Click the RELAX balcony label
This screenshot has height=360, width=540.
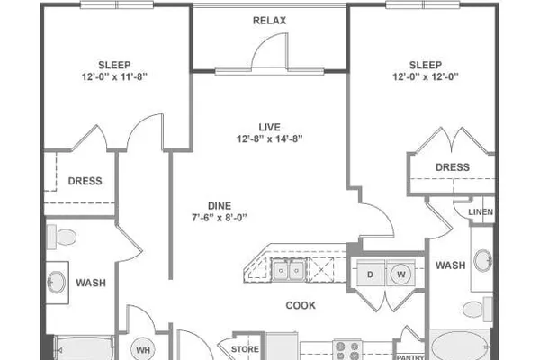coord(269,21)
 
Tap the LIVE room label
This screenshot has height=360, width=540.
coord(269,127)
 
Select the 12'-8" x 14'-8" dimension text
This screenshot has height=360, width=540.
coord(269,139)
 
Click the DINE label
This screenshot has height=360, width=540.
coord(220,206)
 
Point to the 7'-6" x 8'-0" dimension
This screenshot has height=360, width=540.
coord(220,218)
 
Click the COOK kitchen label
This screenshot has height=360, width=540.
coord(301,305)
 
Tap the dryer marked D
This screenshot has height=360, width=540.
coord(371,273)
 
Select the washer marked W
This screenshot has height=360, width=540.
coord(400,274)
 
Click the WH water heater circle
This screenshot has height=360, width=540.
coord(143,350)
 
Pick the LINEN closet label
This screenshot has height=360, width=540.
coord(481,212)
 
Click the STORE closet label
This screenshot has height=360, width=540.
coord(245,349)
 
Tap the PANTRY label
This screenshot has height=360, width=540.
coord(410,357)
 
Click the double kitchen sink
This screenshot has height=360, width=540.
coord(289,270)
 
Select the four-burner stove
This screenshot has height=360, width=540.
coord(347,350)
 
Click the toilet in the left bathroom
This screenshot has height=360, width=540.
coord(61,237)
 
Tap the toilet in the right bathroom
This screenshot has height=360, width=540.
coord(478,309)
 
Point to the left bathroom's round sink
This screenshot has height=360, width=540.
coord(56,283)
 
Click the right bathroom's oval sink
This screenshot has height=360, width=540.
coord(482,261)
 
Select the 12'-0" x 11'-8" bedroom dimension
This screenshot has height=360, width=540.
coord(114,76)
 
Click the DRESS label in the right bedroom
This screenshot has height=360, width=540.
coord(453,167)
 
